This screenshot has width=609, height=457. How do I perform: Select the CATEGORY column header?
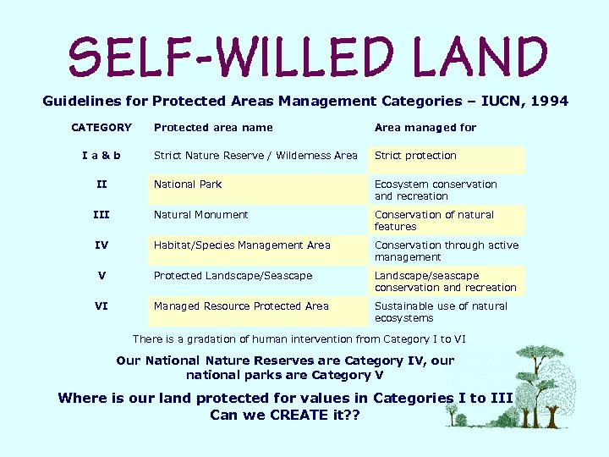[x=101, y=128]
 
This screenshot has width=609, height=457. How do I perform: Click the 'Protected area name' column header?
[x=213, y=128]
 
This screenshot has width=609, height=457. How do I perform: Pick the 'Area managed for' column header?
[x=425, y=128]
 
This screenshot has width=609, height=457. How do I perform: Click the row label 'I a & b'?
[x=101, y=156]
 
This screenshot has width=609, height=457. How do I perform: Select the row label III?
[x=101, y=215]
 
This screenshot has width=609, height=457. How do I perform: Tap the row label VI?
[x=101, y=306]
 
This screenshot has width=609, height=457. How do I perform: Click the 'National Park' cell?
[x=187, y=184]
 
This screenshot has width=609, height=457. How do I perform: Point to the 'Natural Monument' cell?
[x=200, y=215]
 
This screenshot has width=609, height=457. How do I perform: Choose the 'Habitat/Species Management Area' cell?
[x=242, y=245]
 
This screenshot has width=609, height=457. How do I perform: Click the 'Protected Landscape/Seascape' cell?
[x=233, y=276]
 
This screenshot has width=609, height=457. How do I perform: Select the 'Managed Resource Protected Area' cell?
[x=241, y=306]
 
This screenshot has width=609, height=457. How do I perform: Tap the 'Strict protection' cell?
[x=415, y=156]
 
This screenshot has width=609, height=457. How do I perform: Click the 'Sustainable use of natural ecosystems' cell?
[x=441, y=312]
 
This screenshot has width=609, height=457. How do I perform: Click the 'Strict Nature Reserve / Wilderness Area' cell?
[x=255, y=156]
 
